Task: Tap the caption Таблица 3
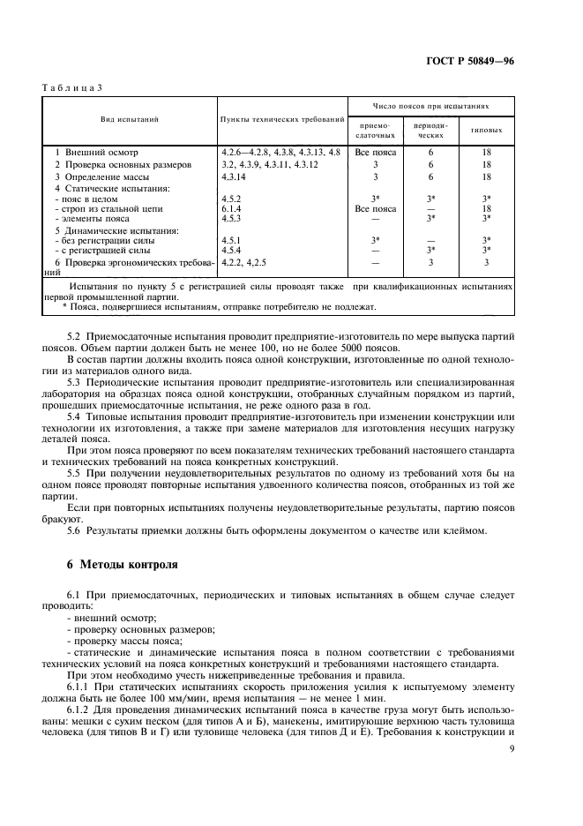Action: coord(73,87)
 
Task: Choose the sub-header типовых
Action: coord(488,131)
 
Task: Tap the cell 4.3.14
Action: coord(235,176)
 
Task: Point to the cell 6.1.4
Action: coord(232,208)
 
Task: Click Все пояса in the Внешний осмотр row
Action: coord(376,153)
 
